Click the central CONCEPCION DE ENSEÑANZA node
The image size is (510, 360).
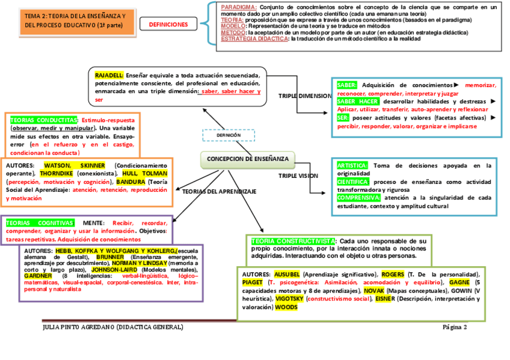coord(247,159)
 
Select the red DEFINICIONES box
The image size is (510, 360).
coord(168,25)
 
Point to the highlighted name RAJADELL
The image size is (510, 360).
coord(109,75)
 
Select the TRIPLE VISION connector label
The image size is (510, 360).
coord(298,175)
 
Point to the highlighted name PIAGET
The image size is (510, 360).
coord(252,282)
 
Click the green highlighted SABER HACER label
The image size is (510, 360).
coord(357,102)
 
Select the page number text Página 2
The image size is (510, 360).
coord(454,328)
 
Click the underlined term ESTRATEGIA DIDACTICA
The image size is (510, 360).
coord(254,39)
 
